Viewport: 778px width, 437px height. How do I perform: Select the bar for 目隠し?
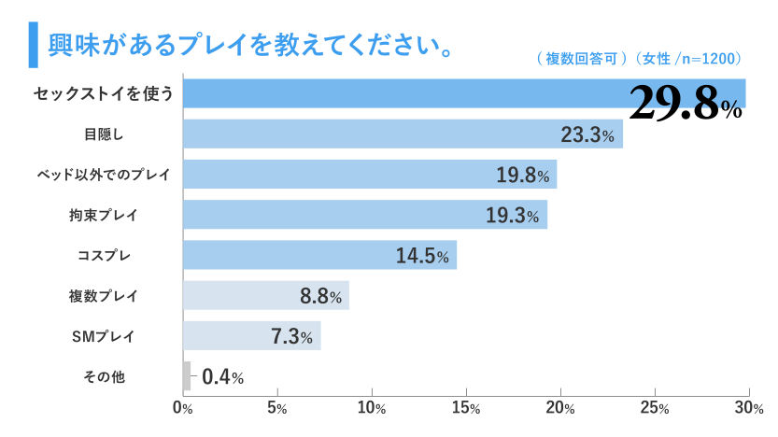coord(402,134)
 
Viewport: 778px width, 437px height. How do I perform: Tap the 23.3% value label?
coord(587,135)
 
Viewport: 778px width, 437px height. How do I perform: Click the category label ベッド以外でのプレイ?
coord(103,175)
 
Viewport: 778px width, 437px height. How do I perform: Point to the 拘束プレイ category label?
coord(103,215)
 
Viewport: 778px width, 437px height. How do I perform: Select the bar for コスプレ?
coord(319,255)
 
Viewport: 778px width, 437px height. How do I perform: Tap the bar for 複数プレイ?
coord(265,295)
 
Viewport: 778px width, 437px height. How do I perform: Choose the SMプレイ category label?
coord(104,336)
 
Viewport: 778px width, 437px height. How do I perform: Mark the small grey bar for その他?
coord(187,376)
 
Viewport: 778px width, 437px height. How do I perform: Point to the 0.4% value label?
coord(222,377)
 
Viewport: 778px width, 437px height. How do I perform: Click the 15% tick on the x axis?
coord(466,408)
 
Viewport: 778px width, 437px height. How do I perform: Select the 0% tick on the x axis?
coord(183,408)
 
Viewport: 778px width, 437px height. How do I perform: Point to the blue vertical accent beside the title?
coord(33,45)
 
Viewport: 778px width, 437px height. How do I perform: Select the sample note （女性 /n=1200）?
coord(688,59)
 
